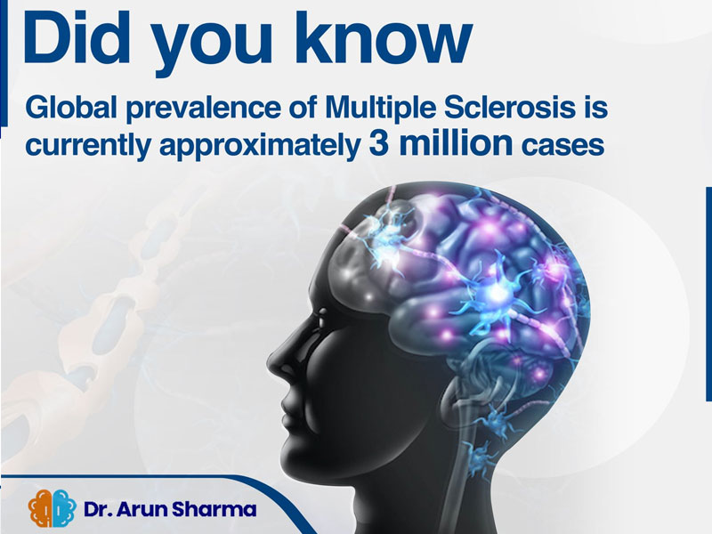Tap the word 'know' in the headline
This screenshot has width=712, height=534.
pyautogui.click(x=383, y=37)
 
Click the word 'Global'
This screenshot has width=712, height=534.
pyautogui.click(x=71, y=108)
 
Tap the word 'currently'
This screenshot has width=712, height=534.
pyautogui.click(x=87, y=146)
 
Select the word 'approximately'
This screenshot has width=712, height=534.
pyautogui.click(x=259, y=146)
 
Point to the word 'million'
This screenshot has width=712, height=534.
pyautogui.click(x=455, y=142)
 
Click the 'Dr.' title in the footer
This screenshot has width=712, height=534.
pyautogui.click(x=98, y=509)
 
